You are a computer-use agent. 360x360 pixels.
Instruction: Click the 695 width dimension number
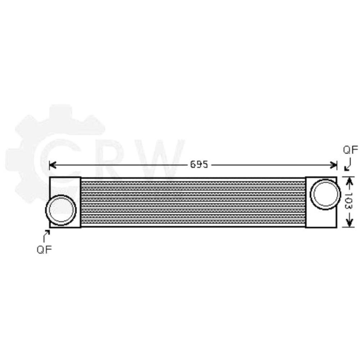point(199,165)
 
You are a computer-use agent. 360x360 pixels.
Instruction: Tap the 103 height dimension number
point(348,202)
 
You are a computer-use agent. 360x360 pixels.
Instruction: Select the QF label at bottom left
point(44,249)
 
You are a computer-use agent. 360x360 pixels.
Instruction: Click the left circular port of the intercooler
point(60,210)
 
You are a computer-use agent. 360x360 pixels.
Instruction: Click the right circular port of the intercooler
point(325,194)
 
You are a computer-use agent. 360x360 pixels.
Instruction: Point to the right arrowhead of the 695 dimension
point(334,165)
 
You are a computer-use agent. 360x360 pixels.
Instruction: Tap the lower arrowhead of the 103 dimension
point(348,223)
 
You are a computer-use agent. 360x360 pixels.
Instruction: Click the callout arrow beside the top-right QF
point(347,166)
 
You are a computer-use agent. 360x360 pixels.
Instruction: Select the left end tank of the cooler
point(65,187)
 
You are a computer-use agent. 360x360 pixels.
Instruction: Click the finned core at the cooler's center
point(193,202)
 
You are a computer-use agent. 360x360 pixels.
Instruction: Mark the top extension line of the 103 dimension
point(348,176)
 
